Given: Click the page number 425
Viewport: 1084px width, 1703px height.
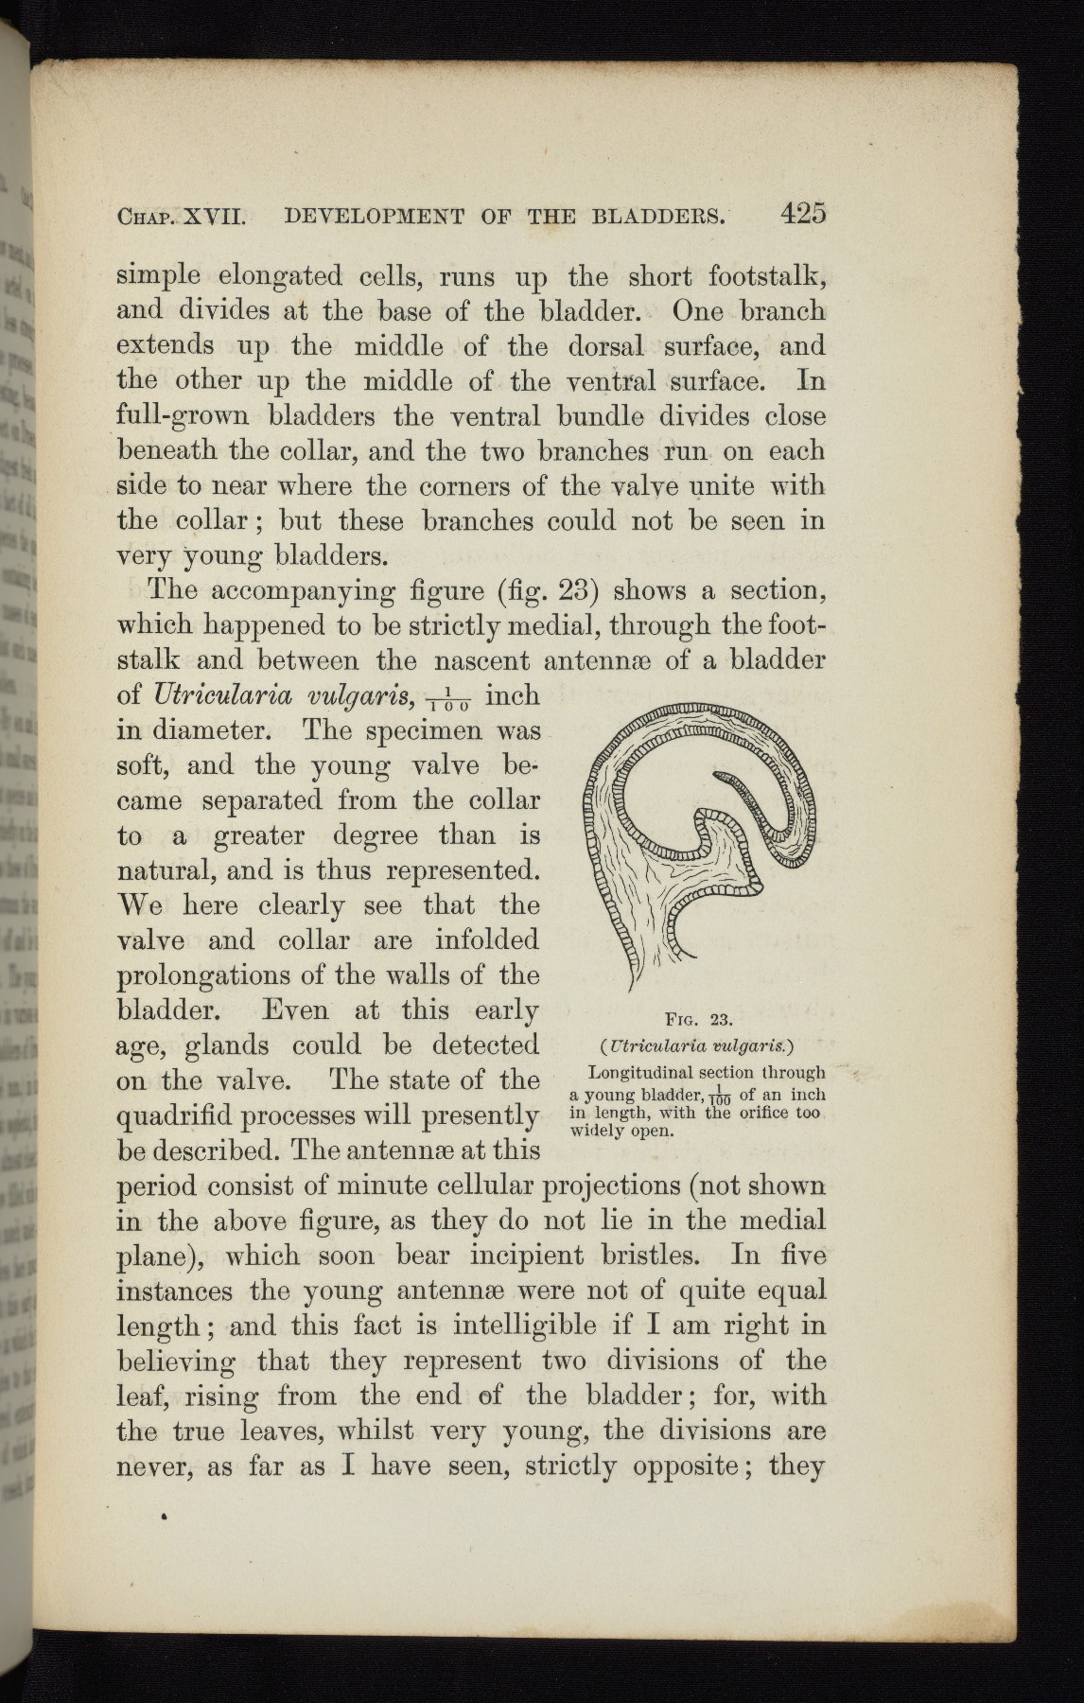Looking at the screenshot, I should pos(803,214).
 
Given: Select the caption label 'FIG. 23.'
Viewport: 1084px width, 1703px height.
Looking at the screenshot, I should pos(700,1019).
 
